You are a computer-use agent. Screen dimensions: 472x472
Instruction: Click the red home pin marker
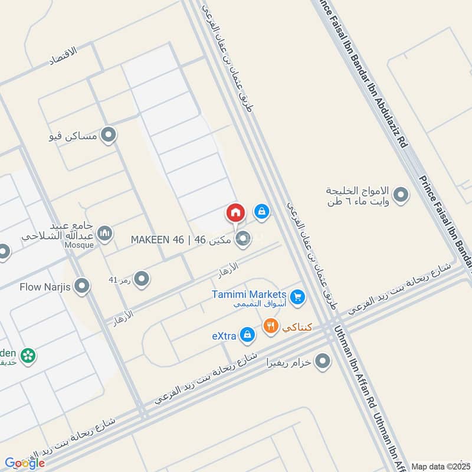[235, 212]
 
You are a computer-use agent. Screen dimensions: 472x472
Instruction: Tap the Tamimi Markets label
[249, 294]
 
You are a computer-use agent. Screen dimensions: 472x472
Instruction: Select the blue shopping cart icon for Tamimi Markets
[297, 296]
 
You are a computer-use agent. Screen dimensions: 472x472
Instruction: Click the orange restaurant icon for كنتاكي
[270, 326]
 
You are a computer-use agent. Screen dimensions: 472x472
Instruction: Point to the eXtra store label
[224, 336]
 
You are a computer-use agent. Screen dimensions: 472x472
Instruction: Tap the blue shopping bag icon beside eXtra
[248, 335]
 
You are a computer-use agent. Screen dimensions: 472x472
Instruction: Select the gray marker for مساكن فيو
[108, 136]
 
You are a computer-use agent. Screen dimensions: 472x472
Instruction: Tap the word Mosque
[80, 245]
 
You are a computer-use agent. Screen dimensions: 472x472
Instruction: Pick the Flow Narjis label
[45, 287]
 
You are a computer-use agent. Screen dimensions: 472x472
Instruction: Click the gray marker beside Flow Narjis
[82, 287]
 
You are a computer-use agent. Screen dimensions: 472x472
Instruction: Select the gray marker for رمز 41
[141, 278]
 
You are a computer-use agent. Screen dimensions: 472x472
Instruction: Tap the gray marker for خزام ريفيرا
[322, 361]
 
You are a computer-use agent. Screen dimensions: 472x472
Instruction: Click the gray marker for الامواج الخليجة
[401, 195]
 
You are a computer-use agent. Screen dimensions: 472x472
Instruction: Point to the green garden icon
[27, 355]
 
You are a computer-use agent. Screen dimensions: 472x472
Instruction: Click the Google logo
[24, 463]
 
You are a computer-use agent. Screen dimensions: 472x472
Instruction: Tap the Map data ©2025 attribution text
[440, 466]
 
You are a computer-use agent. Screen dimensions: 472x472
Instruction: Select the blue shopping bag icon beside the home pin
[262, 211]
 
